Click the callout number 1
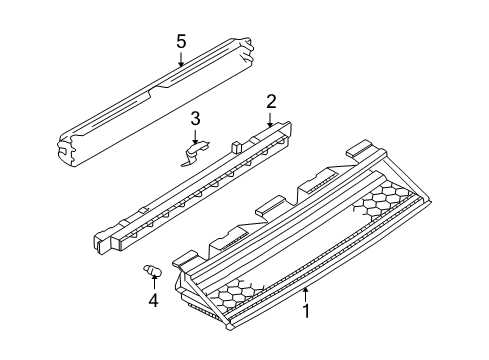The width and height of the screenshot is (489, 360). click(306, 311)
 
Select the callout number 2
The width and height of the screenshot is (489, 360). click(271, 102)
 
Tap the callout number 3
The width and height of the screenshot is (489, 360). click(195, 119)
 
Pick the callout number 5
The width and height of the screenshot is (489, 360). click(181, 42)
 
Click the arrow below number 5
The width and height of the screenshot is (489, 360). click(181, 59)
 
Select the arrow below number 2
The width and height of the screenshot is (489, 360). click(270, 119)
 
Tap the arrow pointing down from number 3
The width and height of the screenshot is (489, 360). click(195, 137)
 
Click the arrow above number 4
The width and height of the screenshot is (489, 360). click(154, 283)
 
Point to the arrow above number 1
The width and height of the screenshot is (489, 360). click(305, 294)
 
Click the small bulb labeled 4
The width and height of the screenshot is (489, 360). click(152, 270)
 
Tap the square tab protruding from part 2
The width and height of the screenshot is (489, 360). click(236, 147)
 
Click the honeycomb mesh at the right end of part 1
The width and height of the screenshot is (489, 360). click(382, 201)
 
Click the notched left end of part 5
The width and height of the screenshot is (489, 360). click(68, 150)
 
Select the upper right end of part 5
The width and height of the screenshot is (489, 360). click(245, 50)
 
